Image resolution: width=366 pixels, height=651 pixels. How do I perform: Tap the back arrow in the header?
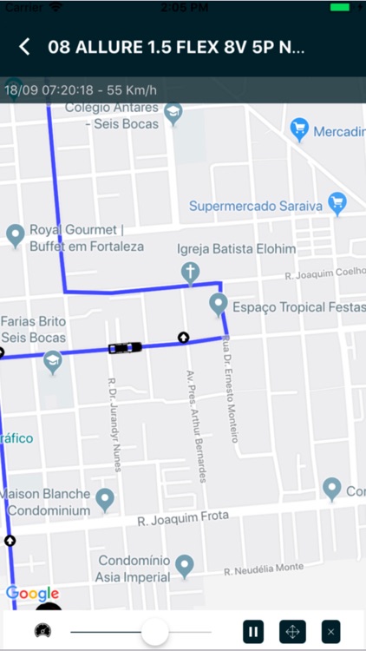(24, 47)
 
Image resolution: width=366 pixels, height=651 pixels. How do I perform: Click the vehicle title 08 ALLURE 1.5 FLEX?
(176, 47)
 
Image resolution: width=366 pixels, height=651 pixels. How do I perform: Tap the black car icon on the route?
(125, 348)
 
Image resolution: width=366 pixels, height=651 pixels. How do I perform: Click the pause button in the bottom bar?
(252, 631)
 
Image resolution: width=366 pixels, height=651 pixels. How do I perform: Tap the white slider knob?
(154, 631)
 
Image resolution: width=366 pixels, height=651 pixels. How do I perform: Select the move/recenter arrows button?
(292, 631)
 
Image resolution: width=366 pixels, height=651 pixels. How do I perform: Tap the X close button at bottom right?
(330, 631)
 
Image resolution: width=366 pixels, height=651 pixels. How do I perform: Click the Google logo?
(32, 594)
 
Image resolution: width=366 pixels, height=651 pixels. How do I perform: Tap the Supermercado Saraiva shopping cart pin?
(337, 204)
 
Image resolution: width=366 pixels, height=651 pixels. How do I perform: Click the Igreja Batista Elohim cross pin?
(189, 273)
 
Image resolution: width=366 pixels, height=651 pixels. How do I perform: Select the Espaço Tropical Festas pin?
(219, 305)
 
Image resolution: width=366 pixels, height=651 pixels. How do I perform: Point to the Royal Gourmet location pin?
(15, 233)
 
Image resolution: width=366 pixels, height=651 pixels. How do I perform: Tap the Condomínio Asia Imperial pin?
(184, 566)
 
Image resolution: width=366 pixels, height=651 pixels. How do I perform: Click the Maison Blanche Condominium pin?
(105, 499)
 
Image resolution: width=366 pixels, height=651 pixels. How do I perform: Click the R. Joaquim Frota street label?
(182, 518)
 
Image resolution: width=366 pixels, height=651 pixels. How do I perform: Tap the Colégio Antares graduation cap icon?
(173, 113)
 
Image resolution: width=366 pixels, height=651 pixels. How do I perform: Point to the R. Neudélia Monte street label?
(264, 569)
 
